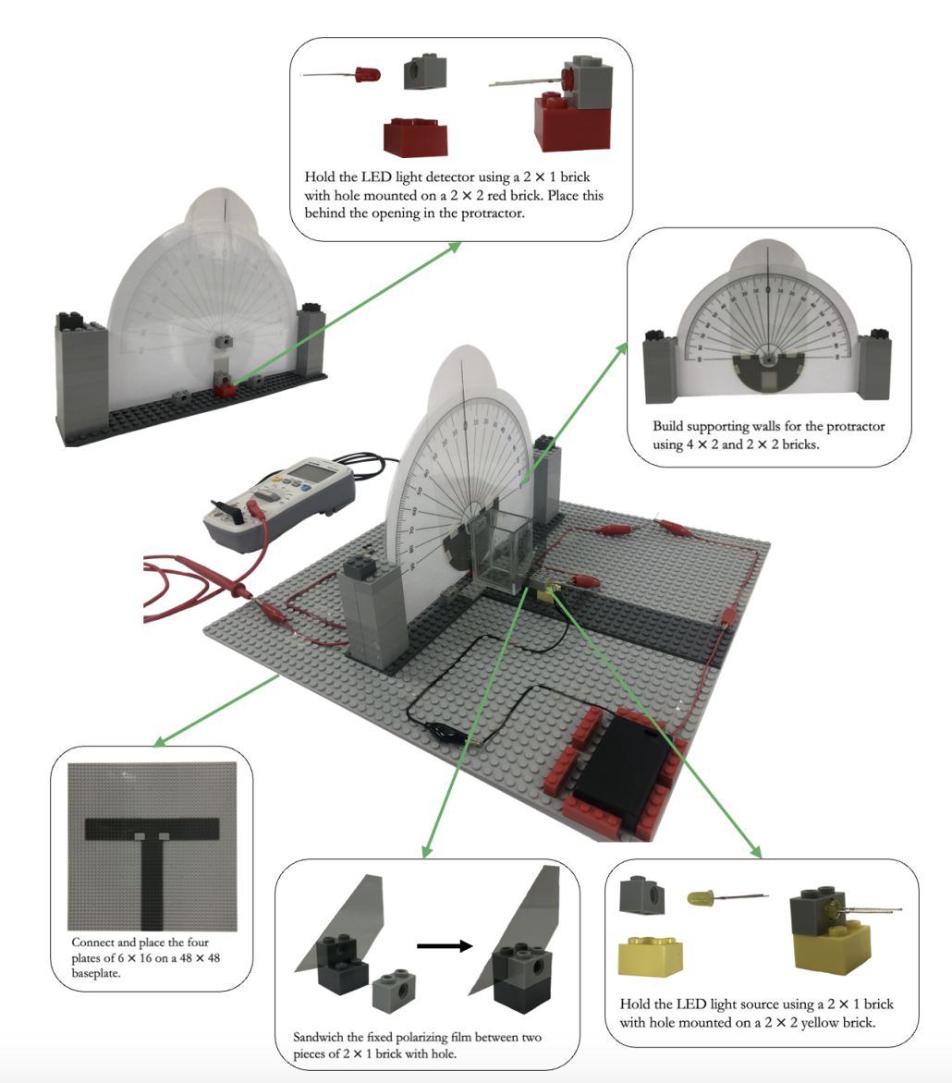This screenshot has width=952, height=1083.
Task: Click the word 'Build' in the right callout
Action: (669, 427)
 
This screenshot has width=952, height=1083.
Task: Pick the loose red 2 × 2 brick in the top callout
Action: (415, 137)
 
